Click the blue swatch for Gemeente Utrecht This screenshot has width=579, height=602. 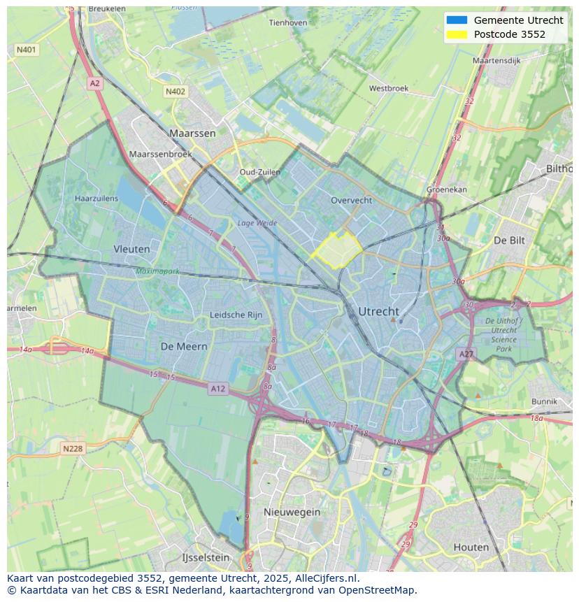(456, 20)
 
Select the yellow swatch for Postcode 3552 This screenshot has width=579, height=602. (456, 34)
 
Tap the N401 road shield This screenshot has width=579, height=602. (27, 50)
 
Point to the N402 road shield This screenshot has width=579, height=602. (176, 92)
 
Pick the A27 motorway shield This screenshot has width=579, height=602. (466, 354)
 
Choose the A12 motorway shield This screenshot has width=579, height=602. (217, 389)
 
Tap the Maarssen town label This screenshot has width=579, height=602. (192, 133)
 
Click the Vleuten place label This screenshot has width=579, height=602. (131, 249)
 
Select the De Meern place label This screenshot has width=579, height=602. (184, 346)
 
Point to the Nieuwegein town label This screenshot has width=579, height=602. (292, 512)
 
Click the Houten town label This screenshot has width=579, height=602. (471, 547)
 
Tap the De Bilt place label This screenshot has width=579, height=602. (509, 240)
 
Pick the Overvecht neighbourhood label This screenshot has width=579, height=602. (351, 200)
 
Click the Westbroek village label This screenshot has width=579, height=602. (388, 89)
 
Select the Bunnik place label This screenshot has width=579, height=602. (544, 401)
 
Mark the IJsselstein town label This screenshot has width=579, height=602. (206, 558)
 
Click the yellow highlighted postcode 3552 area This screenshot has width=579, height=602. (336, 250)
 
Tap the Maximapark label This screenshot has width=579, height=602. (158, 271)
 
